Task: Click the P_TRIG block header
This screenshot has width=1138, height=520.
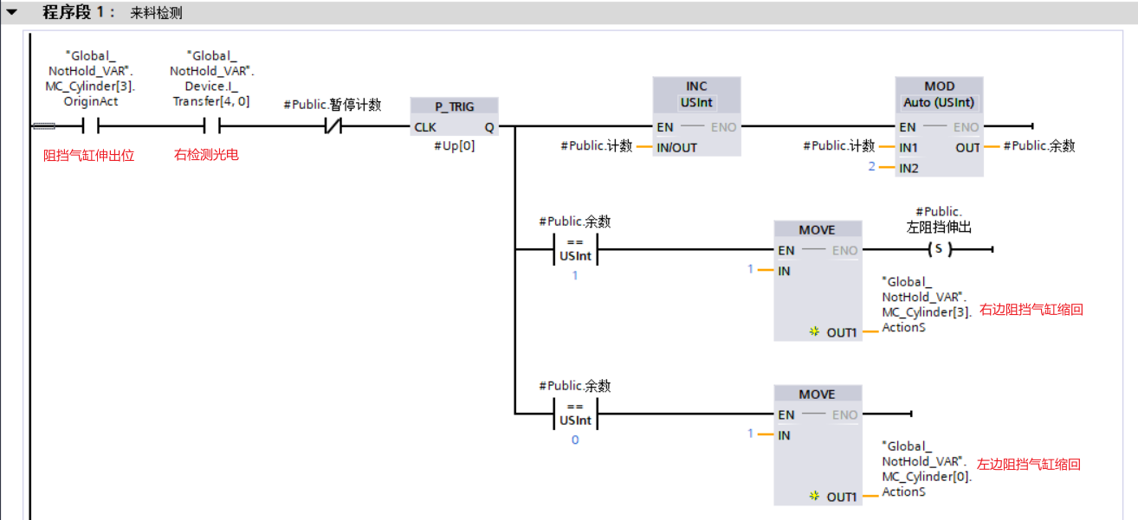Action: (x=454, y=106)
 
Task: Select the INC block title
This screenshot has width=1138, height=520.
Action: (x=696, y=86)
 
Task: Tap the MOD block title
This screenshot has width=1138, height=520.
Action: (x=939, y=86)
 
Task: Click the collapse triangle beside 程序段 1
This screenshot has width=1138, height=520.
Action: (x=12, y=13)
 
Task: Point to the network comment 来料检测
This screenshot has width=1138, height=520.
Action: (x=157, y=14)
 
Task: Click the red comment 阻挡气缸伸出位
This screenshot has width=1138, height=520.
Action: (x=89, y=156)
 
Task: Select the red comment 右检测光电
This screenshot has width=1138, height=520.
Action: (x=206, y=156)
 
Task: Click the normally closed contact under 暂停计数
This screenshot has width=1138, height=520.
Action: (x=333, y=127)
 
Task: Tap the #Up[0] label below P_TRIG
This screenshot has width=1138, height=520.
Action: (x=455, y=145)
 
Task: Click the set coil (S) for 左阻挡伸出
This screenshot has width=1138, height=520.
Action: (x=938, y=250)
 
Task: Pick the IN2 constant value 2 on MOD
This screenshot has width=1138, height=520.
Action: (x=872, y=166)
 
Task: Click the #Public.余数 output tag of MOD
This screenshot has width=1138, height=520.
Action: (x=1039, y=146)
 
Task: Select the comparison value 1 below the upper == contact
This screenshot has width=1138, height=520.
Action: (x=575, y=275)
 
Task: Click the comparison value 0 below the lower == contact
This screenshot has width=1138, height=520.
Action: (x=575, y=440)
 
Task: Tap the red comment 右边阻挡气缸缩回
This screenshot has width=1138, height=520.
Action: (x=1031, y=309)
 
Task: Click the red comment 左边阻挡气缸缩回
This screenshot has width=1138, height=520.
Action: (x=1029, y=465)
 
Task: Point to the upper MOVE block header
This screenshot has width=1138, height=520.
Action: (x=817, y=229)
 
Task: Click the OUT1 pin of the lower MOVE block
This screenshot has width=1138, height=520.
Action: (x=841, y=497)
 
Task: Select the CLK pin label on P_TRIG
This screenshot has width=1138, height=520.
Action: (x=425, y=127)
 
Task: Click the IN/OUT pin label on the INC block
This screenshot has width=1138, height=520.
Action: (x=676, y=147)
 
